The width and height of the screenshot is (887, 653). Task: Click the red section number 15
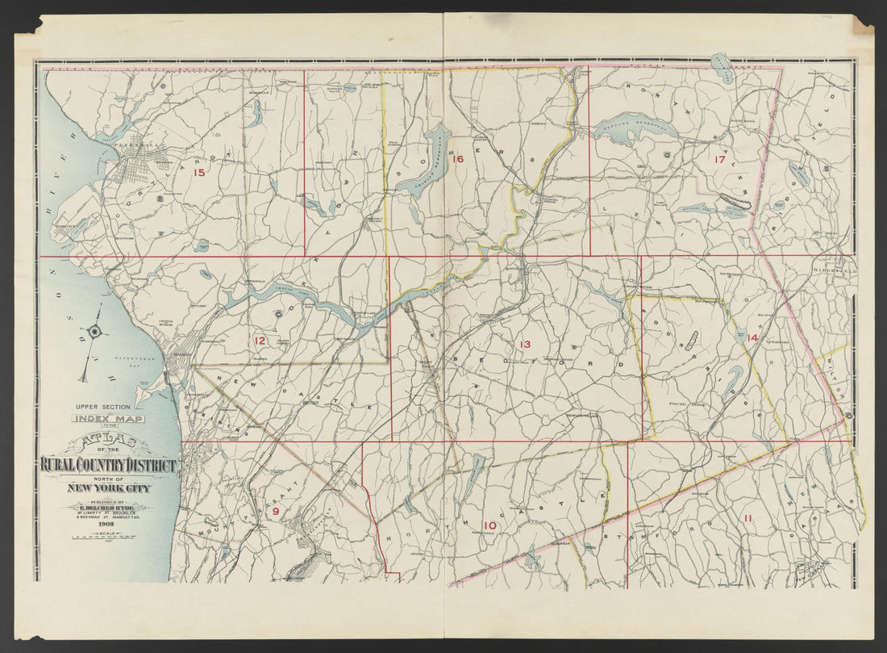198,172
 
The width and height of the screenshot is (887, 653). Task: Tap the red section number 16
457,159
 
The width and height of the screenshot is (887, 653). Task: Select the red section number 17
719,160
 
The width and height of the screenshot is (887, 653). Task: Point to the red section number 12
260,341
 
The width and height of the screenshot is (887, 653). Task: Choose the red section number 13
525,345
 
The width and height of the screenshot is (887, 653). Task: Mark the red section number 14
752,337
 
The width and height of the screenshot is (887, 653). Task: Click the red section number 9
275,511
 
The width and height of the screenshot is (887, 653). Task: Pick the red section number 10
489,526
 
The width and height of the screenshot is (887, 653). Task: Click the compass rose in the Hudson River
95,330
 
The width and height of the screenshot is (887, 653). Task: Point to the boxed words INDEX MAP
107,418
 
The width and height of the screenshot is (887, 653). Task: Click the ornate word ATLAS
107,442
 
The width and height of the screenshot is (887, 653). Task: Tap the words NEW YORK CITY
107,488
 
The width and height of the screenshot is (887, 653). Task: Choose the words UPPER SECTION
106,407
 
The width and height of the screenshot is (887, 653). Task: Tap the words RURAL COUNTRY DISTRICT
107,466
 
